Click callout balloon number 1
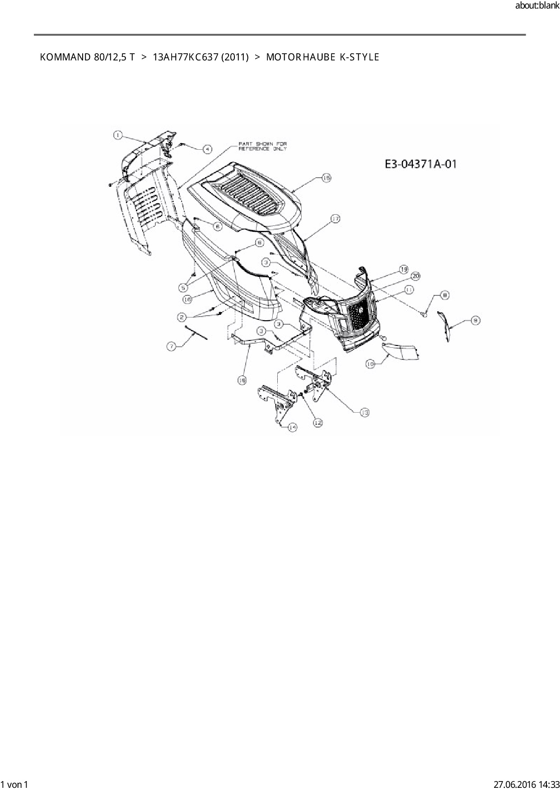click(117, 134)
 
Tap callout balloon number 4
click(207, 149)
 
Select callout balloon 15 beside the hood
click(326, 178)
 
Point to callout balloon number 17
click(335, 219)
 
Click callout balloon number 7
click(171, 346)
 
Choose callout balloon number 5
click(183, 287)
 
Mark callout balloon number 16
click(188, 299)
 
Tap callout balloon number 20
click(415, 276)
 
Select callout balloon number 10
click(370, 363)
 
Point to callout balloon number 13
click(364, 412)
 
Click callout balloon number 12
click(318, 423)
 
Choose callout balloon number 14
click(293, 427)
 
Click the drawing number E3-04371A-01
click(420, 164)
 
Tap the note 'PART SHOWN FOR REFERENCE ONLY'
click(262, 146)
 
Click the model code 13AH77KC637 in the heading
click(201, 57)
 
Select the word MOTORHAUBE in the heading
click(300, 57)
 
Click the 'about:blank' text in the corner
click(537, 6)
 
